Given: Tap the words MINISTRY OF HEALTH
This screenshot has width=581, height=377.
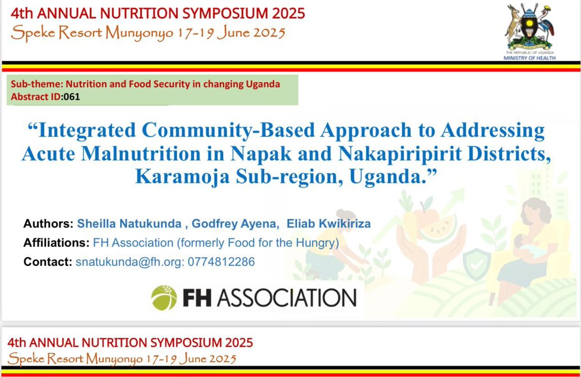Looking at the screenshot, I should coord(530,58).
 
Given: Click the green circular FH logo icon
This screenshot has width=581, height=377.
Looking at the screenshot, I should coord(164,298).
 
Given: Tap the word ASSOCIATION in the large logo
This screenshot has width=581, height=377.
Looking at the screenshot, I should coord(286,298).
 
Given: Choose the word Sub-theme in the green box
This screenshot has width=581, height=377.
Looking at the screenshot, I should coord(31,84).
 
